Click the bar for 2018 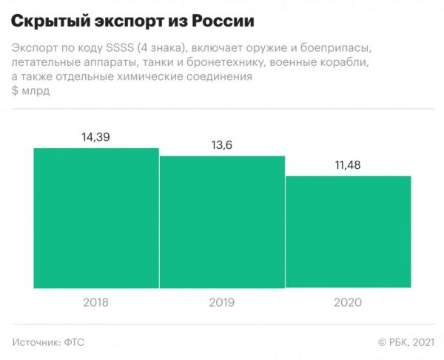(96, 218)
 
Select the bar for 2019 (222, 221)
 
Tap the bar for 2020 (348, 231)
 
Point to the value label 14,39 (96, 138)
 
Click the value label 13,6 (222, 146)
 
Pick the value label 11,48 (348, 166)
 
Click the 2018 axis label (96, 303)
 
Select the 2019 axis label (222, 303)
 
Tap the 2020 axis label (348, 303)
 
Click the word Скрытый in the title (50, 18)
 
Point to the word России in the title (231, 18)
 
